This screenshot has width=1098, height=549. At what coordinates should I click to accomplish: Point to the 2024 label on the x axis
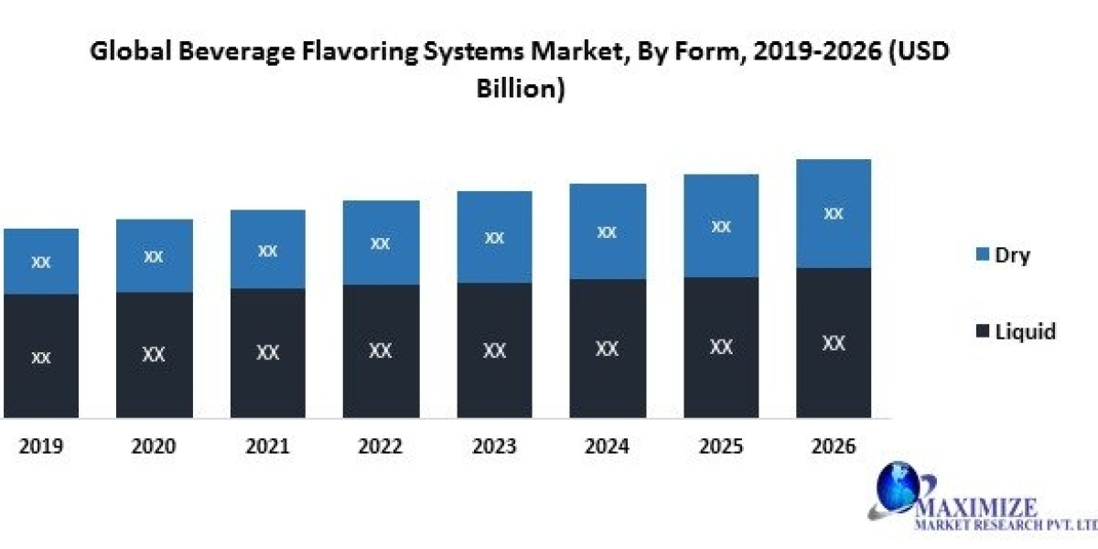607,447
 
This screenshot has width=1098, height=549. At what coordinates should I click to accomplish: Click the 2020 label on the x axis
154,447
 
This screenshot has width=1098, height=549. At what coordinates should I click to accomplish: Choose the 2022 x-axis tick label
380,447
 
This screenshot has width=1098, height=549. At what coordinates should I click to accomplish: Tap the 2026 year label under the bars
833,447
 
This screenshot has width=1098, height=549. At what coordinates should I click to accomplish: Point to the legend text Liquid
1025,331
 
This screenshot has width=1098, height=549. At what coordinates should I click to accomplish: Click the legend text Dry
1012,255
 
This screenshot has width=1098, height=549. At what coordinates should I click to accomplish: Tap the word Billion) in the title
520,90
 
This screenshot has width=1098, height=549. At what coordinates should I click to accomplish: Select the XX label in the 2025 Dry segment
721,227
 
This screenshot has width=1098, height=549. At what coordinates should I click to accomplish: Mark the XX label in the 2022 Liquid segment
380,350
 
